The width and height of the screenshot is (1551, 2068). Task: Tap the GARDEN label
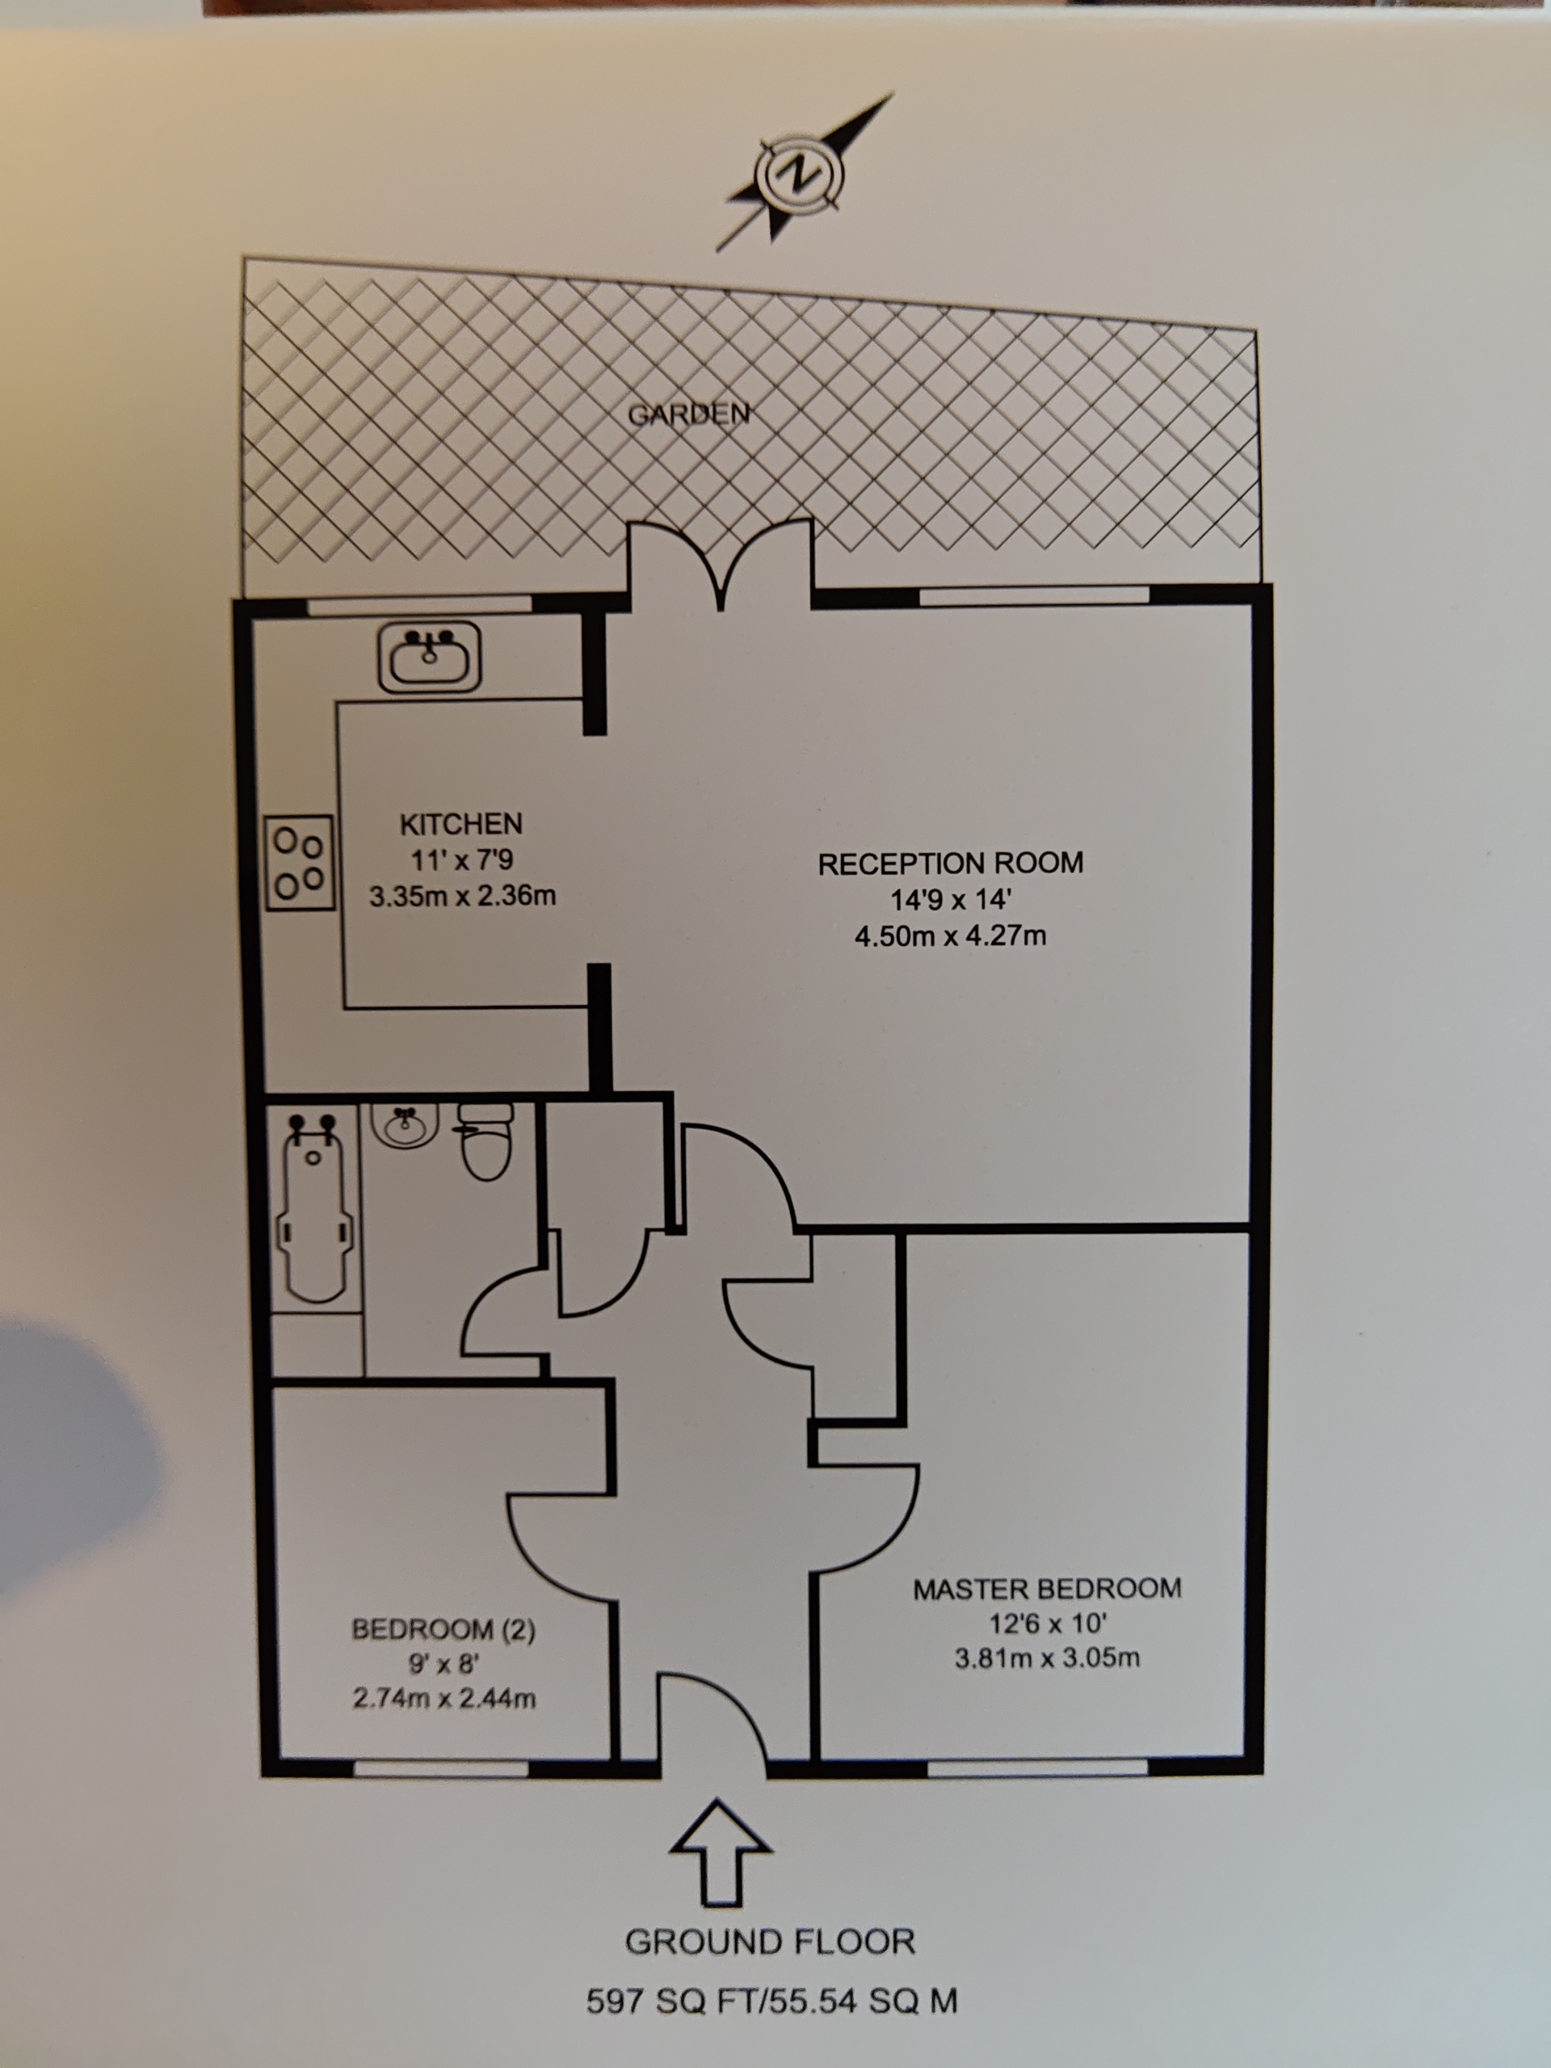(x=688, y=414)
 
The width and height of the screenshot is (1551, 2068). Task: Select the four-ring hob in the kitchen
(x=299, y=863)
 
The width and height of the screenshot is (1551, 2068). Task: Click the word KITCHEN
(x=461, y=824)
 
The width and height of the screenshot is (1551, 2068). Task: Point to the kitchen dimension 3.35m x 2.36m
(x=463, y=897)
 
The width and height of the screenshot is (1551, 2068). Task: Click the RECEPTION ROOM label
(x=951, y=863)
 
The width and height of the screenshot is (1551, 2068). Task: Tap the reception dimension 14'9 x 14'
(x=951, y=899)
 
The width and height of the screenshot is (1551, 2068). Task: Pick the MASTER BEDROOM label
(x=1047, y=1588)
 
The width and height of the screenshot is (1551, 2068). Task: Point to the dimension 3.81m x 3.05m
(x=1047, y=1658)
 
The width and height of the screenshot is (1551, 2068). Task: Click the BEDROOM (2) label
(x=443, y=1629)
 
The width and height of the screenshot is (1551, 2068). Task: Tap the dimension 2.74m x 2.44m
(x=444, y=1698)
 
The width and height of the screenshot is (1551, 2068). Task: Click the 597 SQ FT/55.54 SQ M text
(x=771, y=2001)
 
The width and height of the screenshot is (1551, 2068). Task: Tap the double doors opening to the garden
(x=720, y=565)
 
